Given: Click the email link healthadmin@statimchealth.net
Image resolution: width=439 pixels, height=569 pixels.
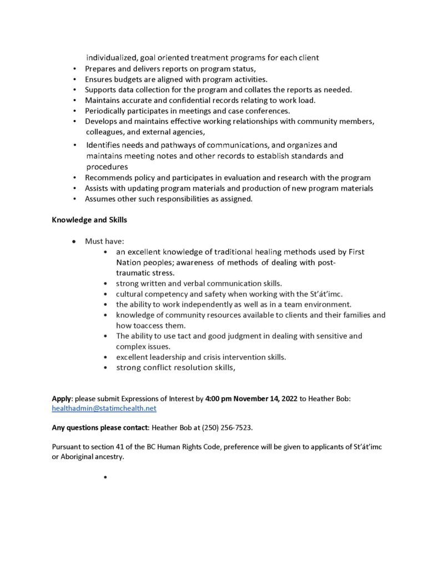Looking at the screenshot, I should coord(104,408).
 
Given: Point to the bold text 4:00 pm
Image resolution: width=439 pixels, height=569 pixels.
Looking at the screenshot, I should coord(217,399).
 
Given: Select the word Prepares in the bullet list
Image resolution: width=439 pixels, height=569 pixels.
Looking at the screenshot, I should coord(101,68).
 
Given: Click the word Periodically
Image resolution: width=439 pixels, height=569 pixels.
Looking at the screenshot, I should coord(107,111).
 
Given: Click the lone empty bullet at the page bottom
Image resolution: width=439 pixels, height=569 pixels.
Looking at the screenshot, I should coord(104,477).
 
